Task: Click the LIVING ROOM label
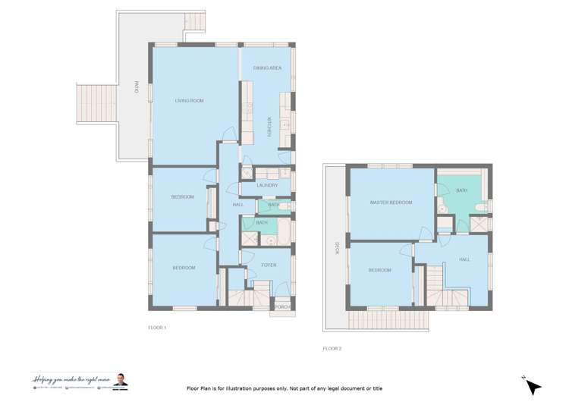point(190,100)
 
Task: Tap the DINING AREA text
point(268,68)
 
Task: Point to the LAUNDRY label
point(267,185)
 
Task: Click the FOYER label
point(268,265)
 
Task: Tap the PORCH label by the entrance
point(282,306)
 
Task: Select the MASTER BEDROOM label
point(391,203)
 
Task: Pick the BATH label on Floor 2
point(461,190)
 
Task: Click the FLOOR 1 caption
point(157,328)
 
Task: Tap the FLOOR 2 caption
point(332,348)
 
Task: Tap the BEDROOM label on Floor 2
point(379,270)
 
